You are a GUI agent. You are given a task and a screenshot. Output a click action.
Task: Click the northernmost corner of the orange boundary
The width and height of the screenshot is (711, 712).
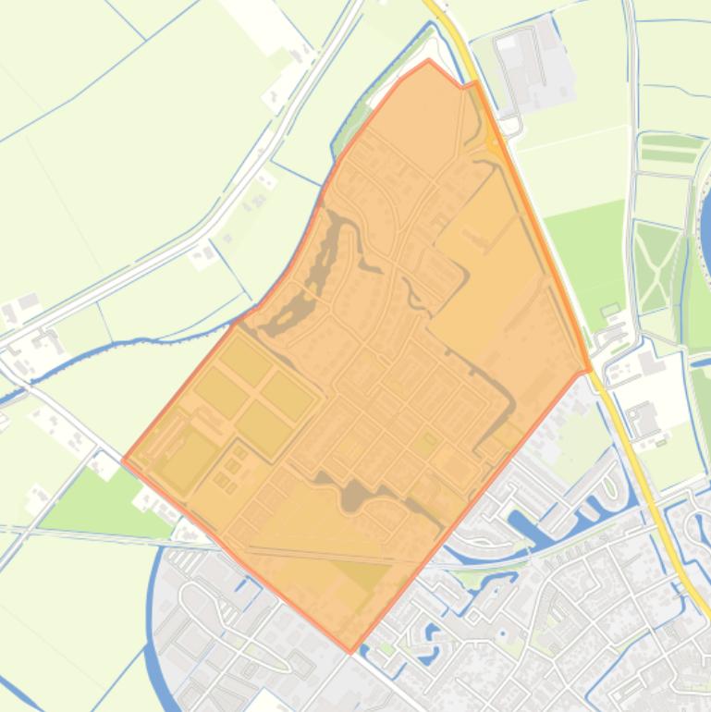(429, 61)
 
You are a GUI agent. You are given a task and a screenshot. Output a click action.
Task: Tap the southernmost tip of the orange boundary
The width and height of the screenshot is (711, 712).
(350, 651)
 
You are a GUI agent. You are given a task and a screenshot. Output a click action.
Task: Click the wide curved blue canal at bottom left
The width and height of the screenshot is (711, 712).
(154, 629)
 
